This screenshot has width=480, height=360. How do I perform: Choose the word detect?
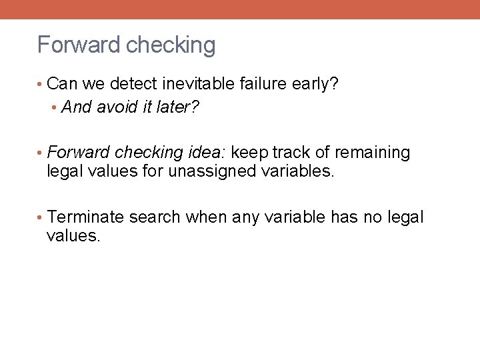tap(131, 84)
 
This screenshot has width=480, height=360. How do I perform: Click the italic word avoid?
tap(118, 107)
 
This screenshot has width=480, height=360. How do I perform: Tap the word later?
tap(177, 107)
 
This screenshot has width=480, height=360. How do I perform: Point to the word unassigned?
tap(212, 171)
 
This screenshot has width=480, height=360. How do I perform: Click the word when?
tap(205, 217)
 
